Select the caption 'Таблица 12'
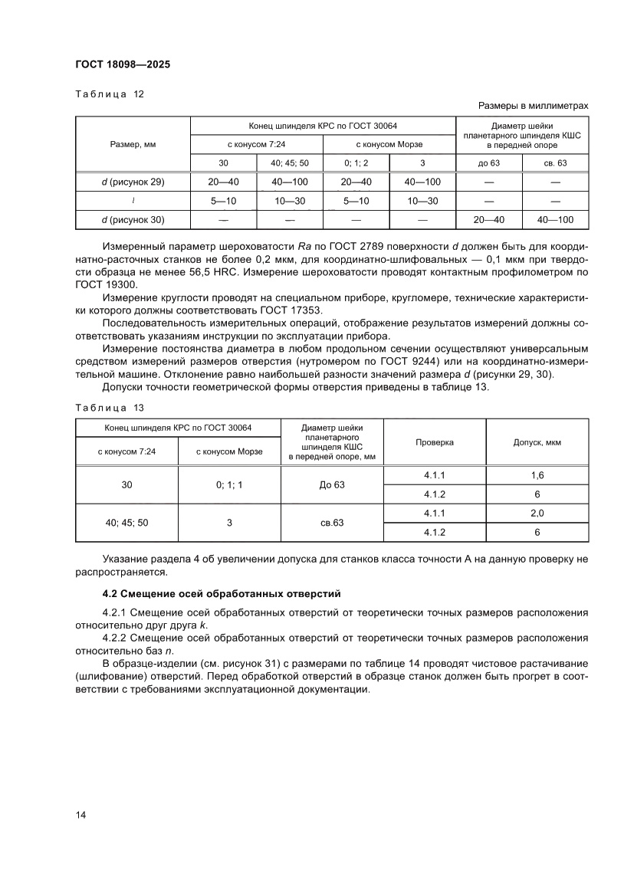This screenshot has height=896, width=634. click(x=109, y=94)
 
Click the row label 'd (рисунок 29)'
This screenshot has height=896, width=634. click(x=133, y=182)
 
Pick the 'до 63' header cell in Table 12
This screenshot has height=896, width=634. click(x=489, y=163)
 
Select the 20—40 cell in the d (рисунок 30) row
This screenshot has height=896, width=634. click(x=489, y=220)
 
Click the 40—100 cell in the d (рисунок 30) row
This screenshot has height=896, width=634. click(x=556, y=220)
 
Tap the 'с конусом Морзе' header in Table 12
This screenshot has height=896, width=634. click(x=389, y=144)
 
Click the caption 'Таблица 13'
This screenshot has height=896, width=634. click(x=109, y=408)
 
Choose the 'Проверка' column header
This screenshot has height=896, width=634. click(x=435, y=442)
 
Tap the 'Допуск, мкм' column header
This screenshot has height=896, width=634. click(x=537, y=442)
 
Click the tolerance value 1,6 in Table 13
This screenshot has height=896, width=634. click(x=537, y=475)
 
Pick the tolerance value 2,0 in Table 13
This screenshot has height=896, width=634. click(x=537, y=513)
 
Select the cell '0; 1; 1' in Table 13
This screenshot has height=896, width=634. click(x=229, y=484)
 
